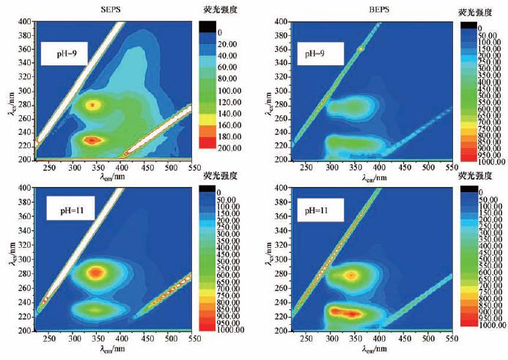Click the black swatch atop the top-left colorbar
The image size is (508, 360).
pyautogui.click(x=208, y=26)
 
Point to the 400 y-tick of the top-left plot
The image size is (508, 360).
pyautogui.click(x=25, y=22)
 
